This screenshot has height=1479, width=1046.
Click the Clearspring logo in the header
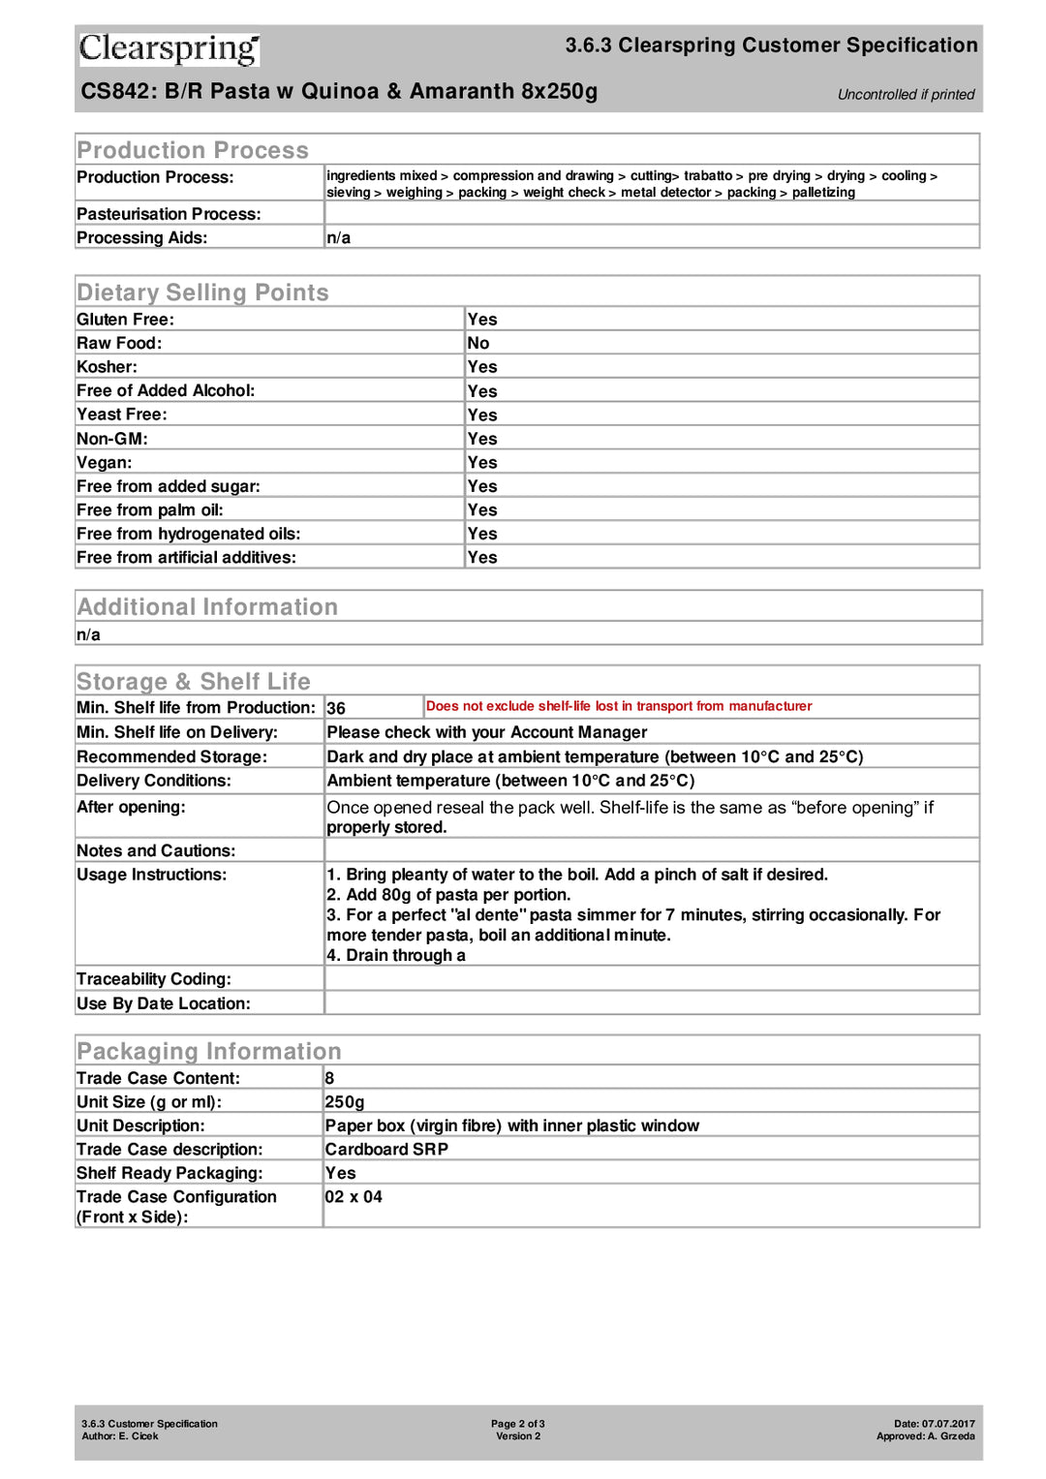tap(169, 48)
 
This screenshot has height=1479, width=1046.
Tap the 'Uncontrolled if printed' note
tap(906, 94)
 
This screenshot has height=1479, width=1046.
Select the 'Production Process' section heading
tap(193, 150)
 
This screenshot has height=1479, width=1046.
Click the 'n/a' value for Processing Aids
tap(338, 237)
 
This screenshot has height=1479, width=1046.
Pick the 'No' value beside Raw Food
tap(478, 343)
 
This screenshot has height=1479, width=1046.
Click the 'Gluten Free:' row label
tap(125, 320)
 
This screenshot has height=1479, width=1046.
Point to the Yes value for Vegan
tap(482, 462)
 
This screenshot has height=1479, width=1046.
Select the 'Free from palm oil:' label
tap(149, 509)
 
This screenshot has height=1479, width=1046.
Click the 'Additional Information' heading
tap(207, 606)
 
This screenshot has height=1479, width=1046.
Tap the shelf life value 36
tap(336, 708)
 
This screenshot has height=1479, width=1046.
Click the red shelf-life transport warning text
tap(619, 706)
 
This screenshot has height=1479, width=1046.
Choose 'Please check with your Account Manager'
tap(487, 732)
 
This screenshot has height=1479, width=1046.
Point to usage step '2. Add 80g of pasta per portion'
tap(448, 895)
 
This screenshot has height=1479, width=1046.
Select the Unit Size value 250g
tap(345, 1102)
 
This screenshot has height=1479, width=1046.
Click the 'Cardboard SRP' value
tap(386, 1150)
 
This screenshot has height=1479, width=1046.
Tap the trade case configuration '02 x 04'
tap(354, 1197)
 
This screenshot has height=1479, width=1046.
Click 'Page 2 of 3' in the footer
tap(517, 1424)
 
